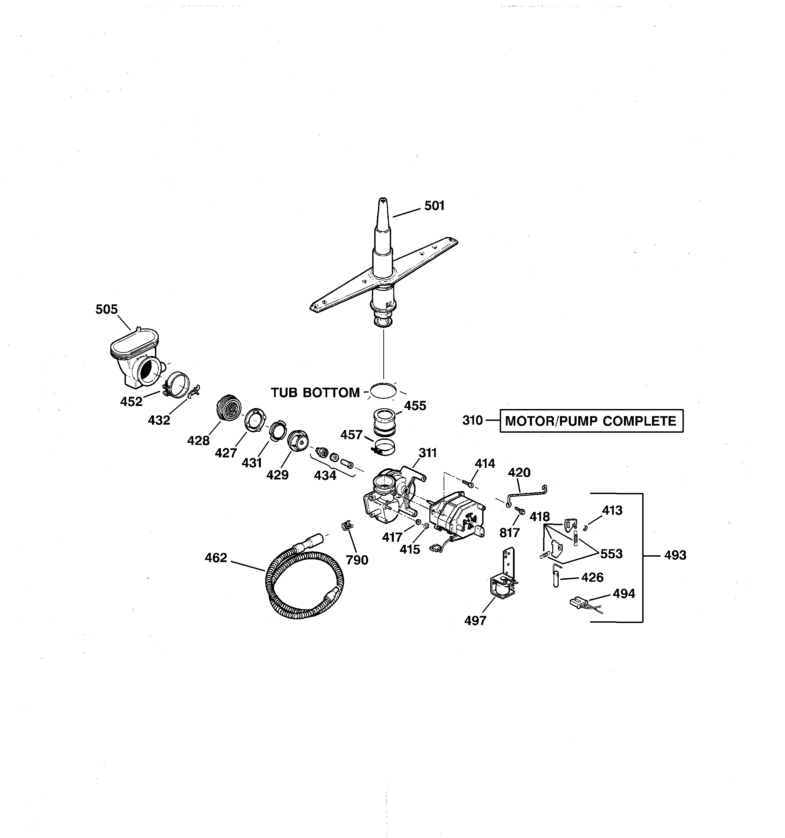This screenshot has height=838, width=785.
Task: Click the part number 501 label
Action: pos(434,206)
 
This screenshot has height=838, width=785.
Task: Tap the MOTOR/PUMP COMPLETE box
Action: pos(591,421)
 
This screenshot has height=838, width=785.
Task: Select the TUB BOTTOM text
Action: pos(315,392)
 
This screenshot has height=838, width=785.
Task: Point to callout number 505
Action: pos(106,309)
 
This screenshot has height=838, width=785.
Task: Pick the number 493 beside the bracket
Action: pos(675,555)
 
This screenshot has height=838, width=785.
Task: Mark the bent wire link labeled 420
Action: pos(527,494)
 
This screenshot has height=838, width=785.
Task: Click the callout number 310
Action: pos(472,420)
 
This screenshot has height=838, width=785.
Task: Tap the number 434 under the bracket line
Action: pos(325,475)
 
